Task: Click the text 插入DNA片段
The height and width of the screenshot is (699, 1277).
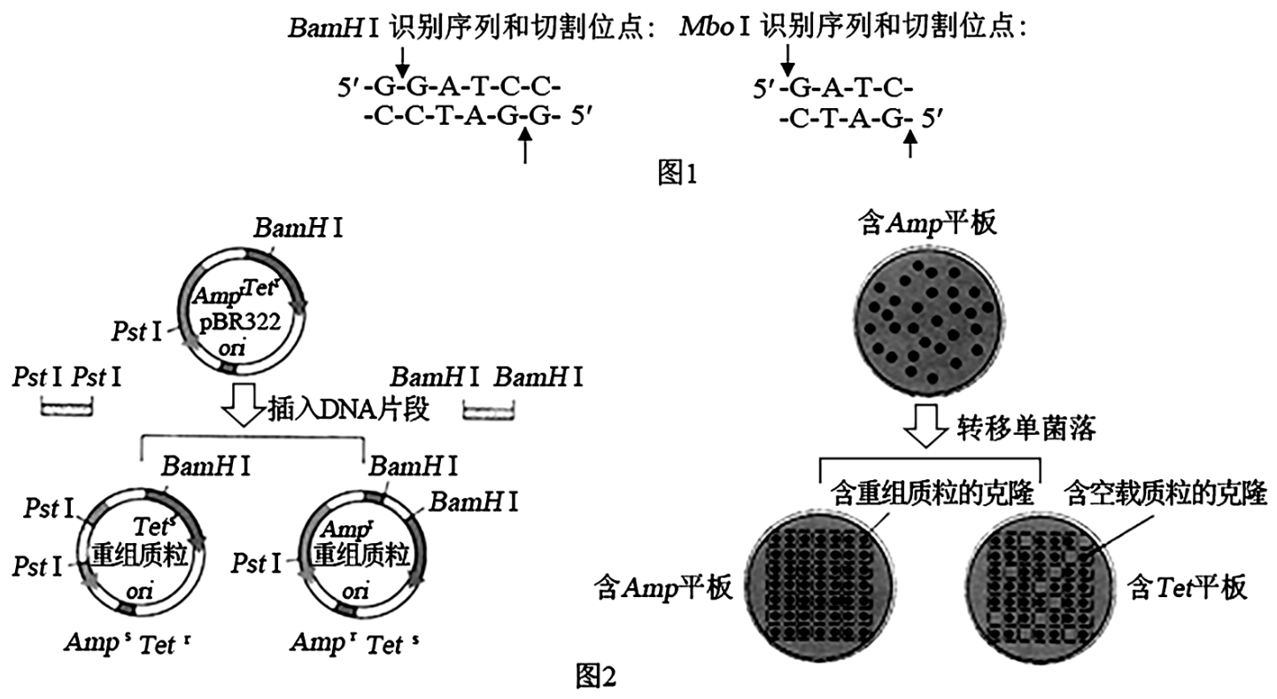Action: coord(348,410)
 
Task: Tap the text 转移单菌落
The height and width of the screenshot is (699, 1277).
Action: coord(1026,430)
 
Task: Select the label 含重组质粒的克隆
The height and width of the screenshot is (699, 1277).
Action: coord(932,493)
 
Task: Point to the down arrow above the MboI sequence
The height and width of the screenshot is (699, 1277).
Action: coord(787,60)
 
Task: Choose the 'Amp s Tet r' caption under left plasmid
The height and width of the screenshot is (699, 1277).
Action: coord(127,642)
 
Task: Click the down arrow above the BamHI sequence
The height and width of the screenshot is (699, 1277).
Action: coord(402,60)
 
